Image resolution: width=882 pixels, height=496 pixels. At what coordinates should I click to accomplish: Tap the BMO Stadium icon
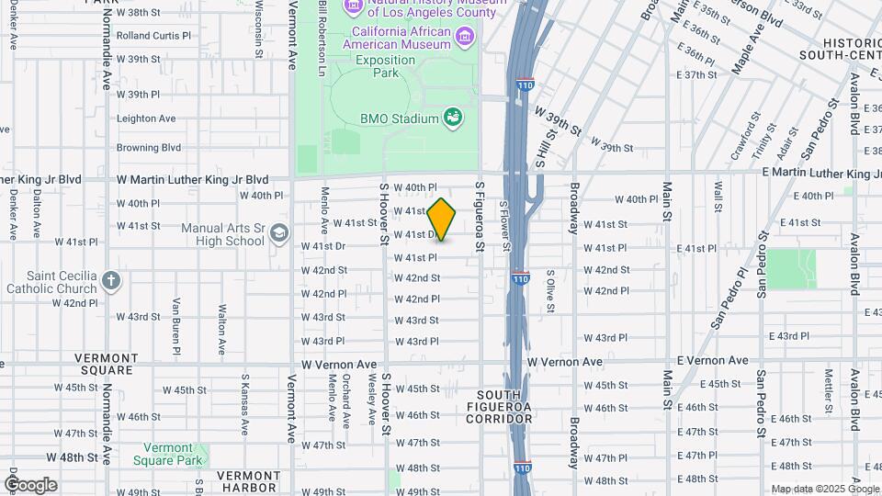(452, 118)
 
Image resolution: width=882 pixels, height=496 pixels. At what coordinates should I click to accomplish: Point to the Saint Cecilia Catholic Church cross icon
(111, 280)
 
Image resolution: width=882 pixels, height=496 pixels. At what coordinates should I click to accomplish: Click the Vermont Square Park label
(166, 454)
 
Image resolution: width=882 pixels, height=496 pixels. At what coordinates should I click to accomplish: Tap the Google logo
(30, 484)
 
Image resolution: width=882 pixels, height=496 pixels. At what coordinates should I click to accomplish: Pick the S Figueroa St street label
(479, 217)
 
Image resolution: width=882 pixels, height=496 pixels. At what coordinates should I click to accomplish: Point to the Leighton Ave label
(146, 118)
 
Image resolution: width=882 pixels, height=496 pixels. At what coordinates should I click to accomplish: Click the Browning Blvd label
(148, 147)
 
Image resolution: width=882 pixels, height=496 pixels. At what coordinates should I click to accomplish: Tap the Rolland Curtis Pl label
(153, 36)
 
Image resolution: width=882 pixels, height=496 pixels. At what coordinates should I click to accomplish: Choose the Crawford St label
(743, 136)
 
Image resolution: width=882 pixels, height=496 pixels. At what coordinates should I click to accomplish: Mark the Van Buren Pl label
(175, 325)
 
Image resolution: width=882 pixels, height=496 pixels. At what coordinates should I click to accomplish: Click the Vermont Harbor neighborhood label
(248, 481)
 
